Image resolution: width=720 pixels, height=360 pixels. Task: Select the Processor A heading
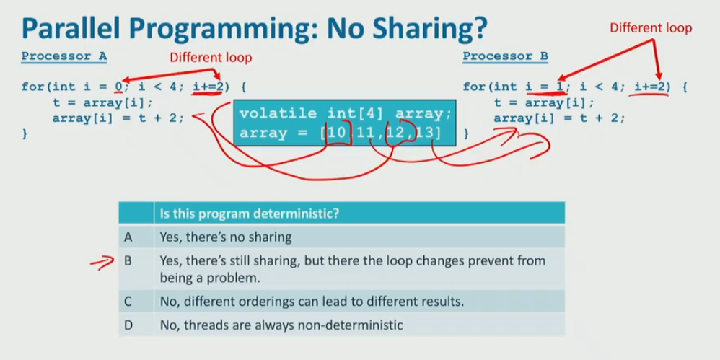point(64,56)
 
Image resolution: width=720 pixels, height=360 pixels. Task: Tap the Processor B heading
point(506,56)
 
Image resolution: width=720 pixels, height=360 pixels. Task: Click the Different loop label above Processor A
point(211,58)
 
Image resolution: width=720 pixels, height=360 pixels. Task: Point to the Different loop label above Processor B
point(651,28)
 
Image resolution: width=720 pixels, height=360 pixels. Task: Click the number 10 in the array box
point(338,133)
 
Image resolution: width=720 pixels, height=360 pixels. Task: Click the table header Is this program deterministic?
point(250,214)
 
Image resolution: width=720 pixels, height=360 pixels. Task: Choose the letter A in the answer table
point(128,237)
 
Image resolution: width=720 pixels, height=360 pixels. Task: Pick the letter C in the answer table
point(128,302)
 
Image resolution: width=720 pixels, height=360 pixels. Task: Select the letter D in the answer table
point(128,325)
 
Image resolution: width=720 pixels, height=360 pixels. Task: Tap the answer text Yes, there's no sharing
point(226,237)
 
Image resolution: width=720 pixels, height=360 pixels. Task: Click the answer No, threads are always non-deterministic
point(281,325)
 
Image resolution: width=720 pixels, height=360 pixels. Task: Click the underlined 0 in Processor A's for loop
point(119,86)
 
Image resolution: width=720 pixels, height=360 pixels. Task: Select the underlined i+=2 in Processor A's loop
point(208,86)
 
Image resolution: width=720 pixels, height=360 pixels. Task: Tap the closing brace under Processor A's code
point(25,134)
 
